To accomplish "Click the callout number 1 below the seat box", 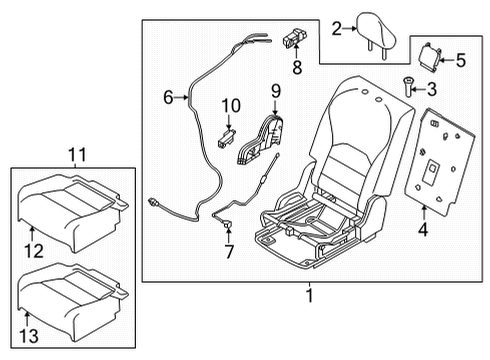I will [309, 296].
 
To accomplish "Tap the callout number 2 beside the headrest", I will [337, 29].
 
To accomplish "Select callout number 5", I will [460, 60].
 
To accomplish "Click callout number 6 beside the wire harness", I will [169, 96].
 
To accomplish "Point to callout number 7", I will [228, 252].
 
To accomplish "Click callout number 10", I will [231, 104].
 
